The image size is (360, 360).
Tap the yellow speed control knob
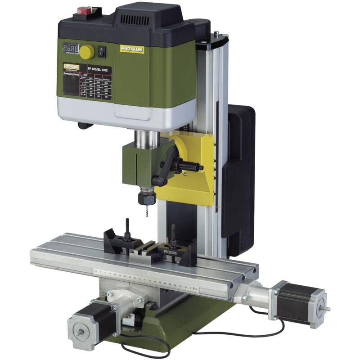tap(87, 51)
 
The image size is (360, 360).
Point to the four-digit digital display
tap(70, 48)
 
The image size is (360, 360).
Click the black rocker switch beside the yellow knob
tap(102, 51)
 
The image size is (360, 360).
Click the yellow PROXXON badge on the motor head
tap(132, 48)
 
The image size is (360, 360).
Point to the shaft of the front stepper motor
tap(76, 333)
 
